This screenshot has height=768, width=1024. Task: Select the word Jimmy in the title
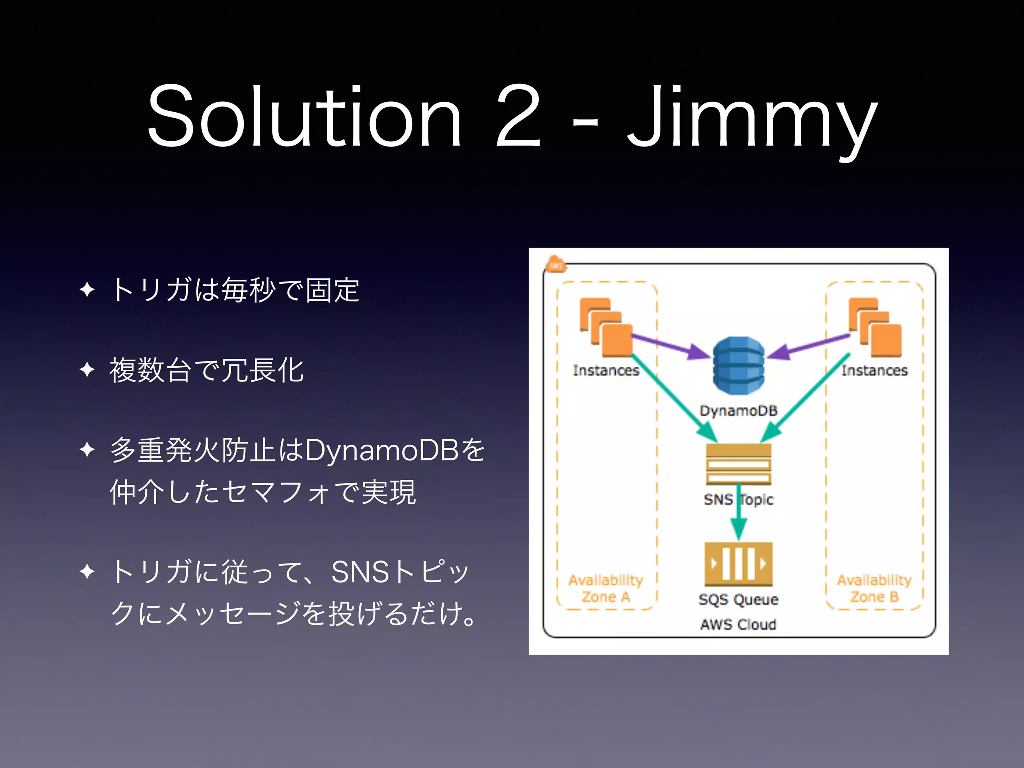coord(752,120)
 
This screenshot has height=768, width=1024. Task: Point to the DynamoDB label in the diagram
coord(738,411)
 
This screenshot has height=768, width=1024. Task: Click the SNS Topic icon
coord(738,464)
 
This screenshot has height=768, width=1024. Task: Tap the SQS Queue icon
coord(738,564)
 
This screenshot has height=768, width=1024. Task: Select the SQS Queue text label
coord(738,599)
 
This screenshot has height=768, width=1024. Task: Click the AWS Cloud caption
coord(738,624)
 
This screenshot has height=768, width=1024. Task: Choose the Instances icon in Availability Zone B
coord(875,327)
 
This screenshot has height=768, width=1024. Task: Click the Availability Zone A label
coord(606,588)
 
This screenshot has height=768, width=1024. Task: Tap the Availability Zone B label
coord(874,588)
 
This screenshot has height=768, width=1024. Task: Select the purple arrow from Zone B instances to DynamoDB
coord(807,346)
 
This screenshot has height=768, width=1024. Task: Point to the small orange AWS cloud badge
coord(555,265)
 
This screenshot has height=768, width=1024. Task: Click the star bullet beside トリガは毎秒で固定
coord(87,289)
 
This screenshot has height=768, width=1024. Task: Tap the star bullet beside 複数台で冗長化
coord(87,370)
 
